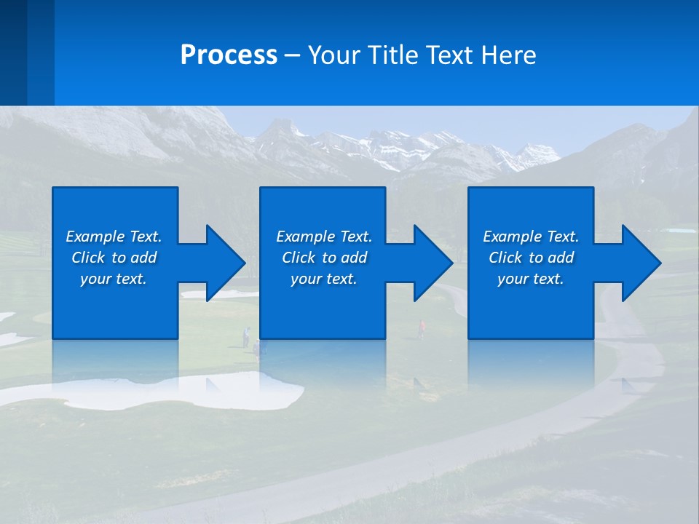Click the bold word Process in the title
[229, 55]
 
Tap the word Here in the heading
[508, 55]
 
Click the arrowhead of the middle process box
[432, 263]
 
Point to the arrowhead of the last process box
[640, 263]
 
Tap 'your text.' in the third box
[530, 279]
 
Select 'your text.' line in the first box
[114, 279]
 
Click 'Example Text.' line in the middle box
[324, 237]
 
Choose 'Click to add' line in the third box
[531, 258]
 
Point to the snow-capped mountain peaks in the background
[408, 146]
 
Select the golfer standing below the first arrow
[246, 336]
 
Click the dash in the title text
[292, 55]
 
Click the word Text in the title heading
[449, 55]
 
